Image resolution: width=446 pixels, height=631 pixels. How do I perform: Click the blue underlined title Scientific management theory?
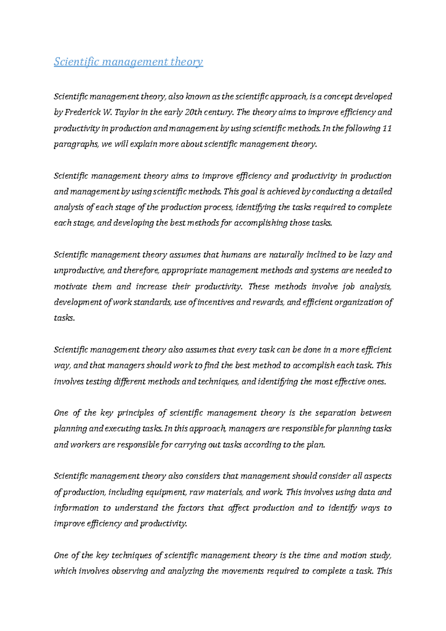tap(128, 61)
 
